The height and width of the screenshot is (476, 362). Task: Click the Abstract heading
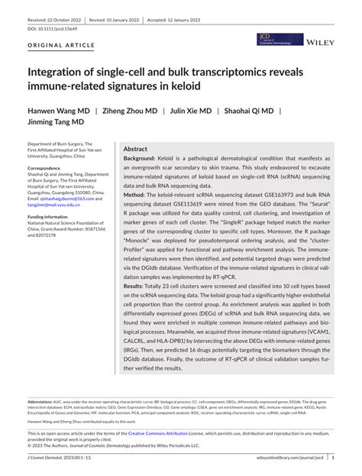point(135,150)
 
